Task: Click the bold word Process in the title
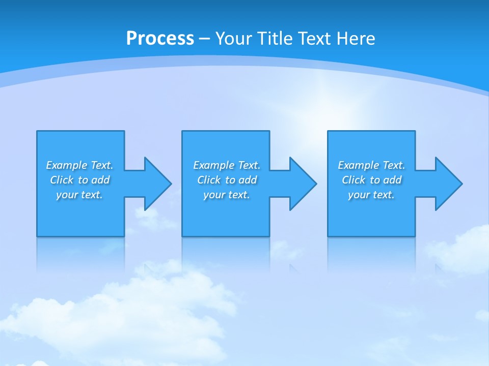click(160, 39)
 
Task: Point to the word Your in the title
click(234, 39)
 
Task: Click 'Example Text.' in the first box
click(79, 165)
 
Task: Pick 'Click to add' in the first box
click(79, 180)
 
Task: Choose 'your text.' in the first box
click(79, 195)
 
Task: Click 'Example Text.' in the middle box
click(227, 165)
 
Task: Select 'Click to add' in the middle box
click(227, 180)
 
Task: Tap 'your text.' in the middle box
click(227, 195)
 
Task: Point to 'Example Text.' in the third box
click(371, 165)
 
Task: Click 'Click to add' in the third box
click(371, 180)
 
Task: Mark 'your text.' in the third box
click(371, 195)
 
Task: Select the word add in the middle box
click(248, 180)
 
